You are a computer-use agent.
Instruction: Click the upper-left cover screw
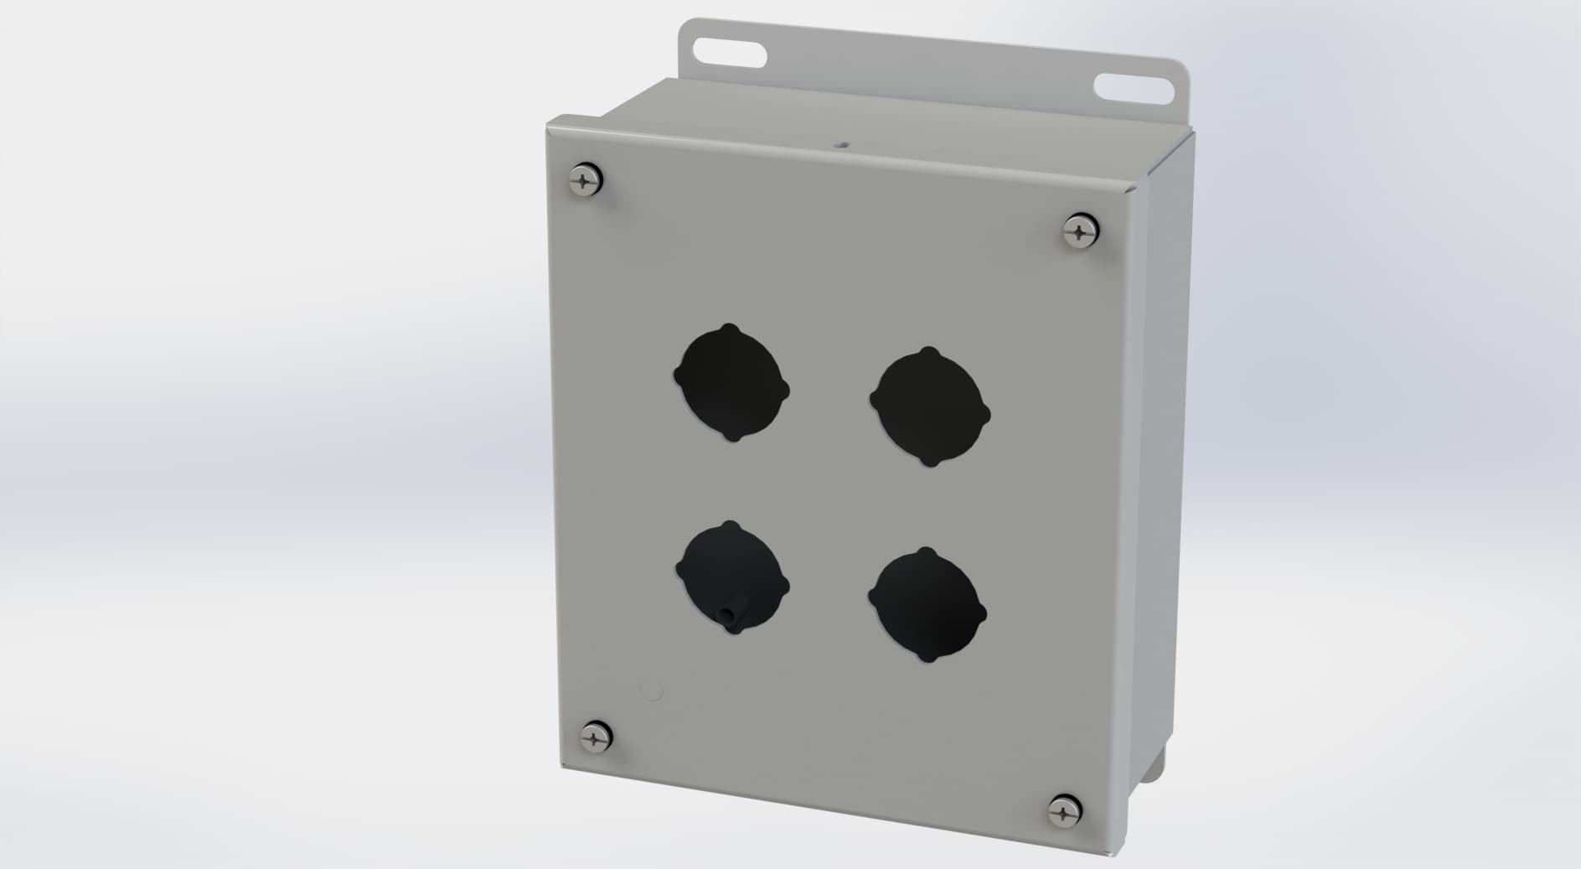[x=586, y=179]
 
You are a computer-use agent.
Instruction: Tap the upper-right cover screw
[x=1081, y=230]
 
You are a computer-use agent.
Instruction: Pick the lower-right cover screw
[x=1065, y=810]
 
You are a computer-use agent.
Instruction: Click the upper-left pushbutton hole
[x=731, y=382]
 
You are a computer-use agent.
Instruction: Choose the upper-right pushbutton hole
[x=930, y=406]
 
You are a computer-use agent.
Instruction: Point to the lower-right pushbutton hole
[x=927, y=605]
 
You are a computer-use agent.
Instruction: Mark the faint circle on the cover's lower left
[x=650, y=691]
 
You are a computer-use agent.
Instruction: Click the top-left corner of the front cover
[x=549, y=127]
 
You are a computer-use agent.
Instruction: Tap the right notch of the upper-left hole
[x=786, y=391]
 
